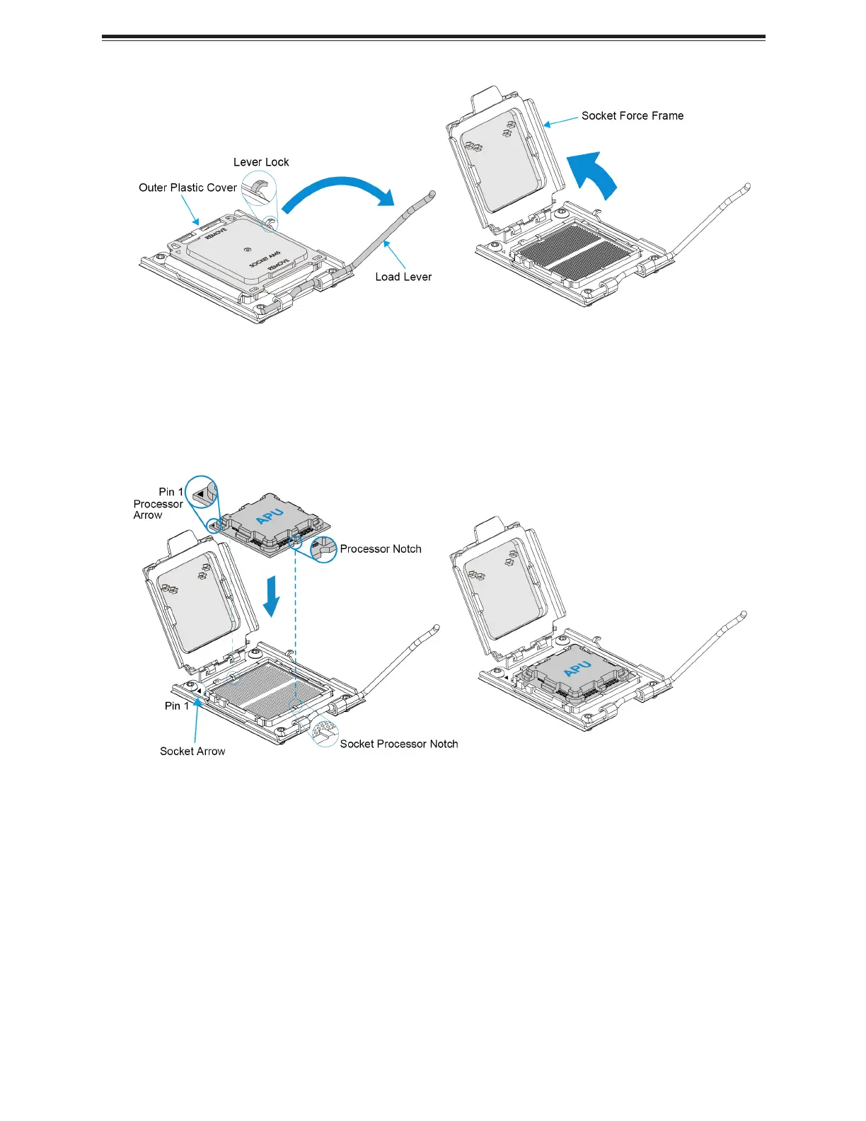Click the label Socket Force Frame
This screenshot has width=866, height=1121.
tap(632, 116)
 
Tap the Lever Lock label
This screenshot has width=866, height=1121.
tap(261, 162)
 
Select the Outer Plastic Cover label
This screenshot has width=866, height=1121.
tap(187, 188)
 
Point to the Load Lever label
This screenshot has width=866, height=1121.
tap(403, 277)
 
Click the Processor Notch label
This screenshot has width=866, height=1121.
tap(381, 549)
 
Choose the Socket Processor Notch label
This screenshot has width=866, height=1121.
tap(398, 744)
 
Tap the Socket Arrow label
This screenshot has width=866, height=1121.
tap(192, 752)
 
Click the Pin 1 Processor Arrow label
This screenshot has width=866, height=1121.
tap(159, 504)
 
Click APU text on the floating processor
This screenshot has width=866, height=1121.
tap(270, 516)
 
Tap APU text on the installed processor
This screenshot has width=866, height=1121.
tap(577, 668)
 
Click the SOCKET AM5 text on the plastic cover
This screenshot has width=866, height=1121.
tap(264, 259)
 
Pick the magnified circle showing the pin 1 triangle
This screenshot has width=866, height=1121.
tap(202, 492)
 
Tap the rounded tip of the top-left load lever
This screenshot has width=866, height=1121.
tap(432, 193)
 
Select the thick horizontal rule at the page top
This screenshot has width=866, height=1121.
tap(433, 37)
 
